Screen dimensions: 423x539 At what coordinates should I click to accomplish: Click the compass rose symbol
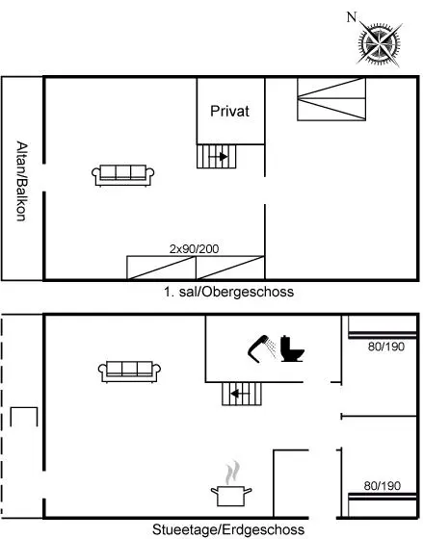380,43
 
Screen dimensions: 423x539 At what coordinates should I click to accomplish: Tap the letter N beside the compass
352,17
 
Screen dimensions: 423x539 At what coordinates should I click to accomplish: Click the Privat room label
229,111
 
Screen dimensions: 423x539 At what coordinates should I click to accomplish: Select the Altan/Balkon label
22,181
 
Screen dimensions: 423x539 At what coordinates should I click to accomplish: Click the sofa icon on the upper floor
123,175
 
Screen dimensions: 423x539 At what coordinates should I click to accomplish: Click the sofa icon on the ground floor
129,372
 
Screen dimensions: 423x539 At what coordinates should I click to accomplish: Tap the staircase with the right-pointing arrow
217,156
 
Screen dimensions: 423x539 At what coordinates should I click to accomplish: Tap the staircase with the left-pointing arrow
242,394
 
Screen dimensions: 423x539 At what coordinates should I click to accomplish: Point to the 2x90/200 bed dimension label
194,249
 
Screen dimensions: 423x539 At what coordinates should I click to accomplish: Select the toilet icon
292,348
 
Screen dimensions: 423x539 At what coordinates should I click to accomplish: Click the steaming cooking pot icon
231,496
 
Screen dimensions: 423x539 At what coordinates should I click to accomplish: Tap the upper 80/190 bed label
385,346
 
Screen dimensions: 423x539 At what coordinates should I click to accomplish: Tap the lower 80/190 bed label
382,486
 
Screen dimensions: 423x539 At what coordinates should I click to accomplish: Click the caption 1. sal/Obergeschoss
229,292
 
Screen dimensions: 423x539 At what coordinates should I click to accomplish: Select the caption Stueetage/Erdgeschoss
228,529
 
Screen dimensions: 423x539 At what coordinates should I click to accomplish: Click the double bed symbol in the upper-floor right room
331,99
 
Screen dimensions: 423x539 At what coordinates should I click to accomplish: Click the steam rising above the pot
232,472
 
